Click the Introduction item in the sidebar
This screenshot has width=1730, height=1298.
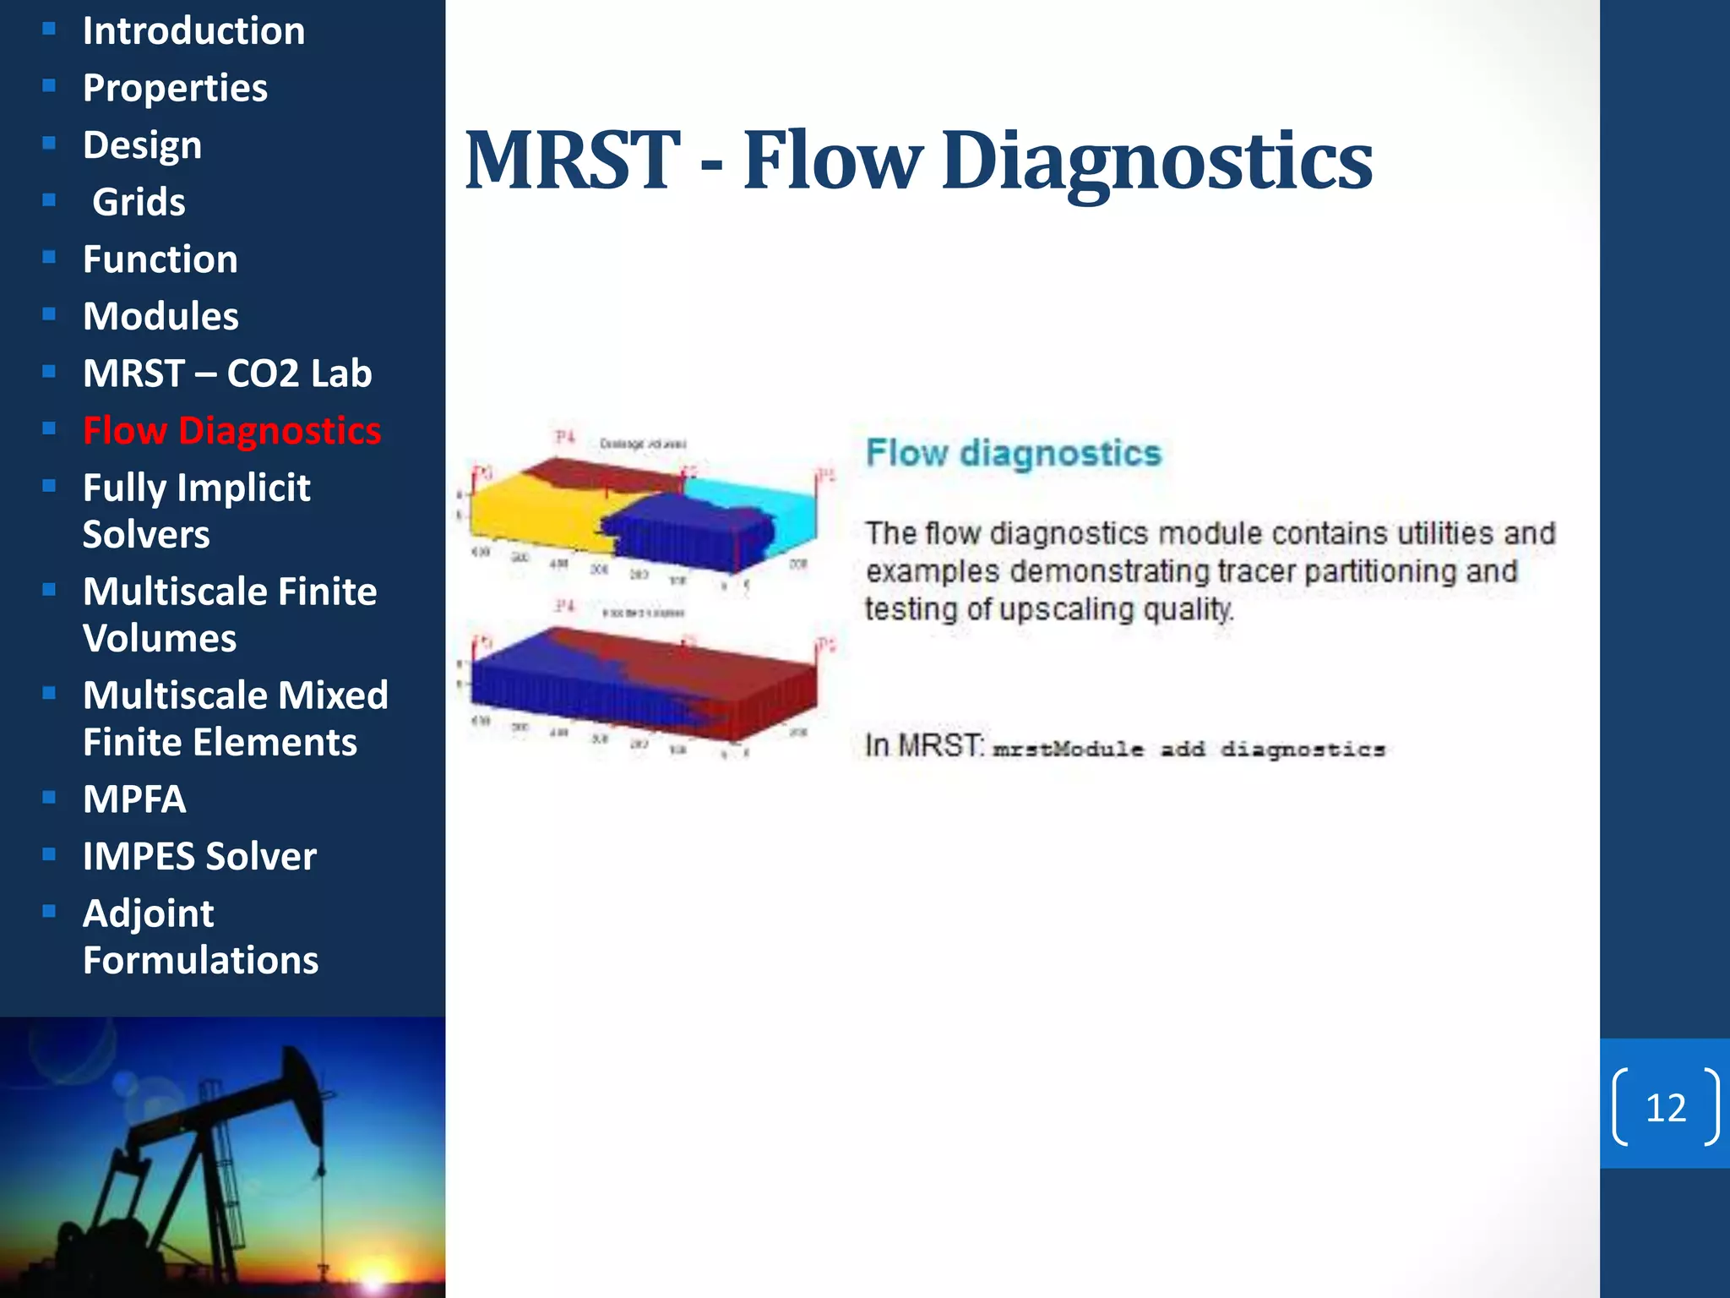[x=193, y=31]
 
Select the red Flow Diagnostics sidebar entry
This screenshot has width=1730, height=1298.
[x=231, y=431]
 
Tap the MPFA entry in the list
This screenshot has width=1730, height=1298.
[x=134, y=799]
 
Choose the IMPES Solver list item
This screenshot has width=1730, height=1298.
[x=199, y=856]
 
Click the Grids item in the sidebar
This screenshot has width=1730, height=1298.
[x=139, y=202]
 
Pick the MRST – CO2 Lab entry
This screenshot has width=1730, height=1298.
[x=227, y=374]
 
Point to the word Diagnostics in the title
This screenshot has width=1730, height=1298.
[x=1156, y=162]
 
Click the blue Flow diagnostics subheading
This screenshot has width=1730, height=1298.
[x=1013, y=453]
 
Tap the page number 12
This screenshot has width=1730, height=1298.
[x=1665, y=1108]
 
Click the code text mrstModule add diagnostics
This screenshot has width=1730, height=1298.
[x=1188, y=750]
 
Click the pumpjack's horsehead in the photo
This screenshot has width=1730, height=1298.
[x=300, y=1090]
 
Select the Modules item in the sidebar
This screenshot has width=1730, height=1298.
[x=160, y=316]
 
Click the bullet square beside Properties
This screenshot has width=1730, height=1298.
[x=49, y=86]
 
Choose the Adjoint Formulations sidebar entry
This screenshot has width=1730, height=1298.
[x=200, y=936]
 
